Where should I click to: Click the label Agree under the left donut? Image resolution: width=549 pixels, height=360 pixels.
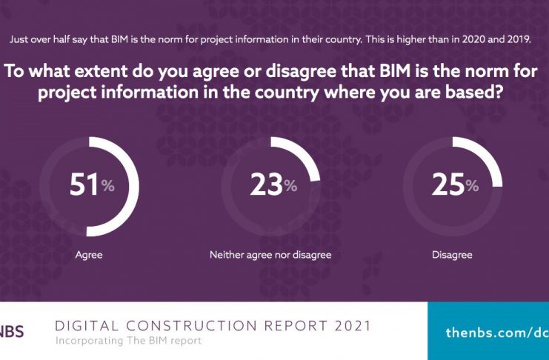point(89,255)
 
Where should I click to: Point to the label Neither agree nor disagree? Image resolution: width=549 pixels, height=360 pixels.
point(270,255)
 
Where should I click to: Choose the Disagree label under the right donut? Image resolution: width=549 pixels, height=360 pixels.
point(452,255)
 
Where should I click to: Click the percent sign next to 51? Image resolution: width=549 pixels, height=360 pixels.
point(108,187)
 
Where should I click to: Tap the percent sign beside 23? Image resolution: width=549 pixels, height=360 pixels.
point(290,187)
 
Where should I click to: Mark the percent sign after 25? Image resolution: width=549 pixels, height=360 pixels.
point(472,187)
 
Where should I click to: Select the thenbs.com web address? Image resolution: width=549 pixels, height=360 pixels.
point(497,333)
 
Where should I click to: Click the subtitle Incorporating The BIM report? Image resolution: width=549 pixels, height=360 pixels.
point(127,341)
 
